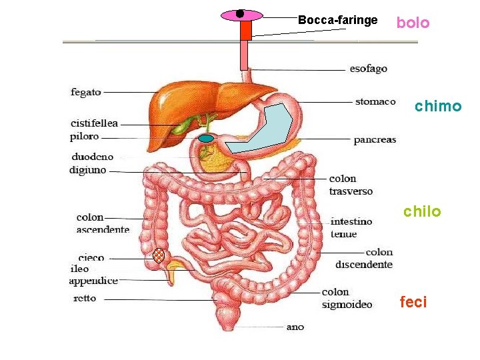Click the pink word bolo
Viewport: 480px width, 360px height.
coord(413,23)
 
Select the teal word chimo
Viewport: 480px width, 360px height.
coord(437,107)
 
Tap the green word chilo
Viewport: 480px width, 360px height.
coord(422,212)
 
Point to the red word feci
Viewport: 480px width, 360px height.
coord(413,303)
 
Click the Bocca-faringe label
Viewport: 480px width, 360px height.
coord(337,20)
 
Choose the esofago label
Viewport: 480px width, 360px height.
coord(368,69)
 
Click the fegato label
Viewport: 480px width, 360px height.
coord(86,92)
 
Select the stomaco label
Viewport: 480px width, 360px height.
coord(375,101)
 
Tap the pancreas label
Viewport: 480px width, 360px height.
coord(375,140)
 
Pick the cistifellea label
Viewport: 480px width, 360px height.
coord(94,123)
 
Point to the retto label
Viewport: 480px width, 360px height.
coord(85,298)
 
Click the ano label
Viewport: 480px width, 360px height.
coord(295,327)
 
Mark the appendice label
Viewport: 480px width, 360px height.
coord(93,281)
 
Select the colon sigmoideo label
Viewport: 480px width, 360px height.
coord(347,298)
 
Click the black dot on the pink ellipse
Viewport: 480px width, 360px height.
coord(240,13)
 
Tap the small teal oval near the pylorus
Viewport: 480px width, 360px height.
coord(207,139)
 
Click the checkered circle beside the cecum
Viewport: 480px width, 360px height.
coord(159,255)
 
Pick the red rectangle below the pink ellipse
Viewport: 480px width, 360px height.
coord(246,30)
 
